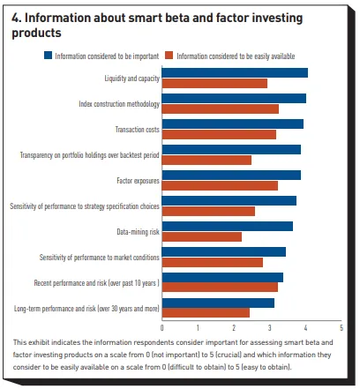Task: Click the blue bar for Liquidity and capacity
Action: pyautogui.click(x=235, y=73)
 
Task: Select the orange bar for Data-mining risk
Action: pyautogui.click(x=202, y=237)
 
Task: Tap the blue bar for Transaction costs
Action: pyautogui.click(x=233, y=124)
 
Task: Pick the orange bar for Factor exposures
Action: pyautogui.click(x=220, y=186)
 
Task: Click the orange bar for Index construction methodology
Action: pyautogui.click(x=221, y=109)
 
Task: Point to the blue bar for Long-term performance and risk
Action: pyautogui.click(x=218, y=303)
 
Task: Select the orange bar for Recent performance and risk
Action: pyautogui.click(x=220, y=288)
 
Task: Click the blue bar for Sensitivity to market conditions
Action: pyautogui.click(x=224, y=252)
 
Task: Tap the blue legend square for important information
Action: pyautogui.click(x=48, y=56)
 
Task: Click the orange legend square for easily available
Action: pyautogui.click(x=169, y=56)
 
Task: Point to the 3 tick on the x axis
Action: pyautogui.click(x=270, y=328)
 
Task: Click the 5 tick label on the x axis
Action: pyautogui.click(x=341, y=328)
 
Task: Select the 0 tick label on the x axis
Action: pyautogui.click(x=162, y=328)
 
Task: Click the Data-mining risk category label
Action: pyautogui.click(x=138, y=232)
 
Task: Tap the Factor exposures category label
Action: pyautogui.click(x=138, y=181)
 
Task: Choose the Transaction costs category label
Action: pyautogui.click(x=138, y=130)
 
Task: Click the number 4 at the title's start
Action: pyautogui.click(x=16, y=19)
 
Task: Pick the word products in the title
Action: pyautogui.click(x=36, y=33)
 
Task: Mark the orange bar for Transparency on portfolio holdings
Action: pyautogui.click(x=206, y=161)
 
